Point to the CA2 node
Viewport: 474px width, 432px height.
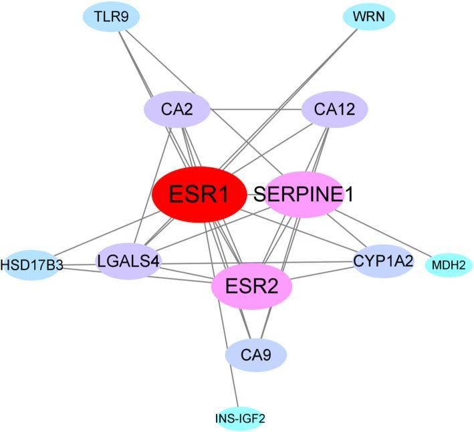tap(177, 108)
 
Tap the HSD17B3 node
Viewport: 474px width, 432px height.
tap(31, 265)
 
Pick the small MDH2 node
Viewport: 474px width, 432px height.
tap(449, 265)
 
